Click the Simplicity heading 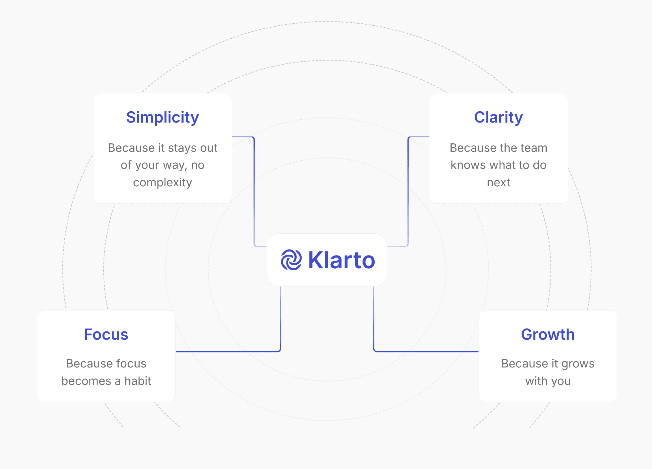click(162, 117)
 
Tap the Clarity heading click(498, 117)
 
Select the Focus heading click(106, 334)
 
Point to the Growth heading click(548, 334)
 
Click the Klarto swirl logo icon click(291, 260)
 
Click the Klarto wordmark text click(342, 260)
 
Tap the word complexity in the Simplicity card click(162, 183)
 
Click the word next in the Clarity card click(498, 183)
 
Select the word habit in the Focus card click(138, 381)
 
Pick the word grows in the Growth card click(578, 364)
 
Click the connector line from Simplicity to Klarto click(254, 190)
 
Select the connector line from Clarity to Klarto click(408, 190)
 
